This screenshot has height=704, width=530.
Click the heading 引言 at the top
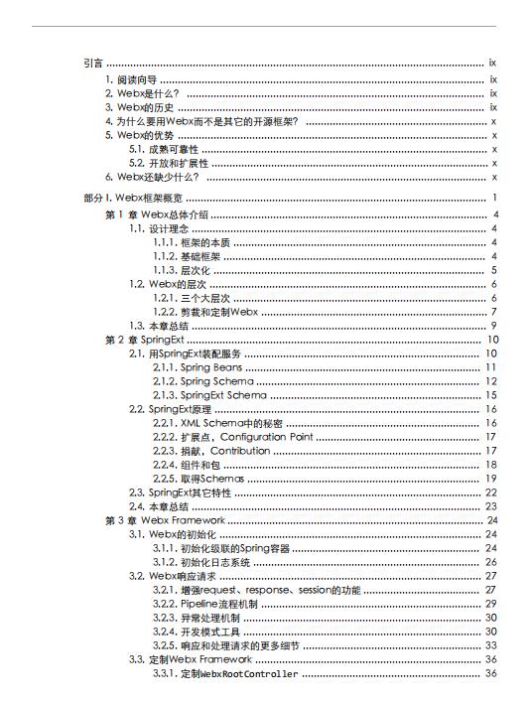point(94,63)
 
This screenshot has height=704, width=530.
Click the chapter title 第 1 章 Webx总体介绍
point(156,214)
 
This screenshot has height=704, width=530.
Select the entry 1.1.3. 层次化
point(180,270)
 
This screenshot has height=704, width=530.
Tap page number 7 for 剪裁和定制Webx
point(492,312)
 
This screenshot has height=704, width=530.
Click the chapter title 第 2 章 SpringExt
point(140,340)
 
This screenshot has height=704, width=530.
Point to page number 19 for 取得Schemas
point(490,479)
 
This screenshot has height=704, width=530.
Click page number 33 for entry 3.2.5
point(490,645)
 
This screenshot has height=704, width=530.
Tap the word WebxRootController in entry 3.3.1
point(249,674)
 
